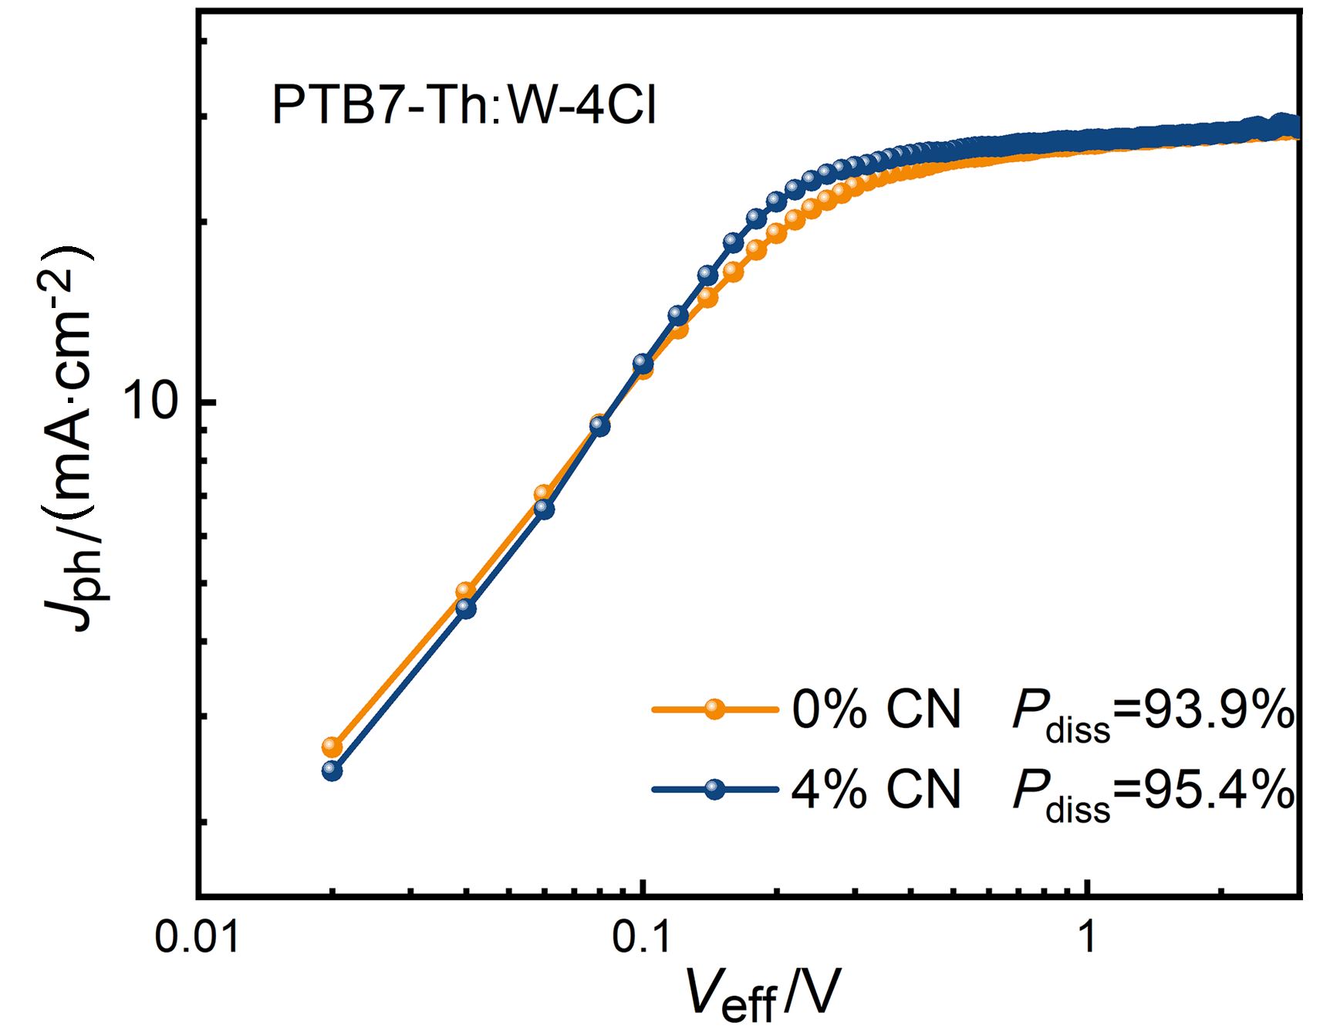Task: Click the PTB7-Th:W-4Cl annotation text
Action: pos(464,105)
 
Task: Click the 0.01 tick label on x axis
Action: pos(197,937)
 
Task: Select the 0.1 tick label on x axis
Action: pos(642,937)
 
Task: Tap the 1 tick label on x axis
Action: pos(1087,937)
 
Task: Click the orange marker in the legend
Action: pos(715,709)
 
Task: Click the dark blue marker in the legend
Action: pos(715,789)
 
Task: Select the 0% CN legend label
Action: pos(876,709)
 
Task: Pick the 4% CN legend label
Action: pos(876,790)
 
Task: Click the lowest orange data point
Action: pos(332,747)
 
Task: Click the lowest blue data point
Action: pos(332,770)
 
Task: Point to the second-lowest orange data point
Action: pos(465,591)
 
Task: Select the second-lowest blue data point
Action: pos(466,608)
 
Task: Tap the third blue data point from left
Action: pos(545,509)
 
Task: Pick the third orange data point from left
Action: pos(543,493)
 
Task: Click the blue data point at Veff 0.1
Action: pos(643,363)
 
